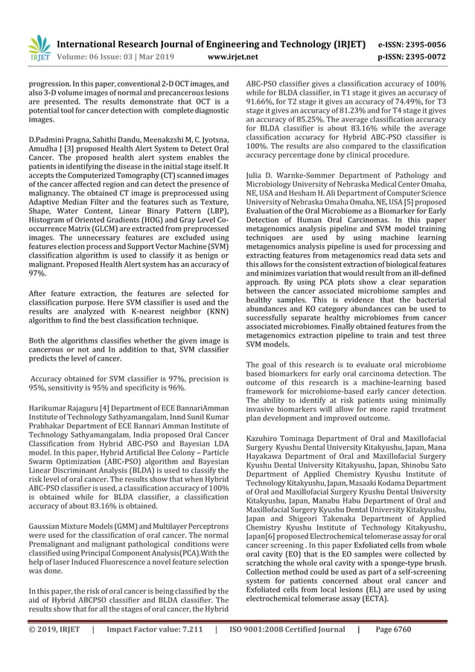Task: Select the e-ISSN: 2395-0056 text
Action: (424, 44)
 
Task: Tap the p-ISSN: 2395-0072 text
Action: (424, 56)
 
